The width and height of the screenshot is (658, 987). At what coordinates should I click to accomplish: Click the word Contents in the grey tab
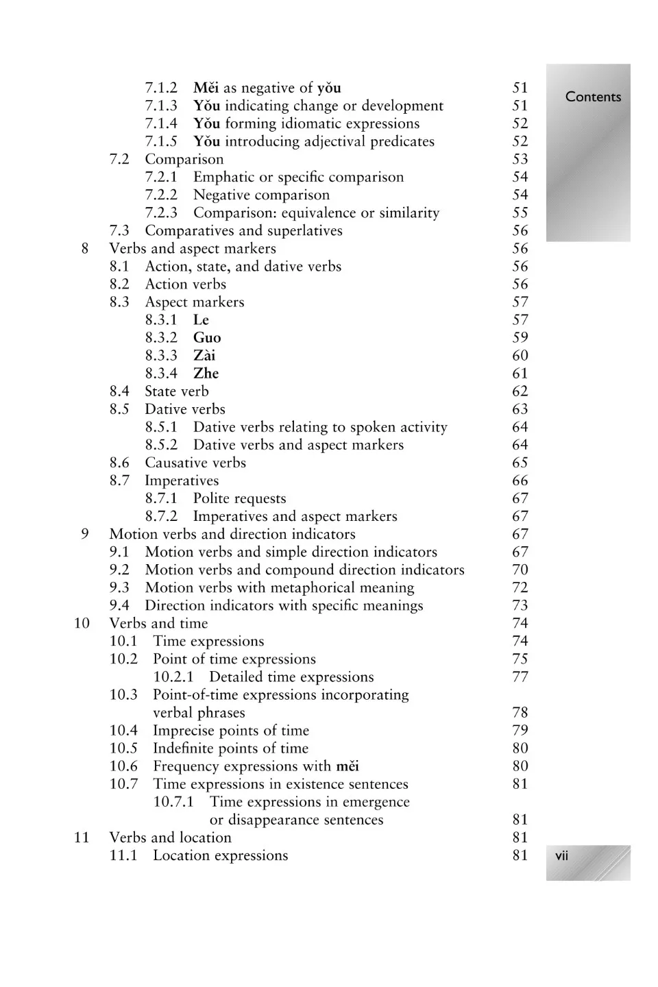pos(593,97)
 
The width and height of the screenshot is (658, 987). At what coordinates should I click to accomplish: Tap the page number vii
pos(561,855)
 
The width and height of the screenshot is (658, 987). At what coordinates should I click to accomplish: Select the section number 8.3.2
pos(161,338)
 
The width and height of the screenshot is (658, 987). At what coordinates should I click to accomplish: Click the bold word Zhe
pos(206,374)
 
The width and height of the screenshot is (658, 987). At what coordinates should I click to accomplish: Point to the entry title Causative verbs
pos(195,463)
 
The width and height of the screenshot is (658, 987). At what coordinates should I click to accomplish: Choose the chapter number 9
pos(84,534)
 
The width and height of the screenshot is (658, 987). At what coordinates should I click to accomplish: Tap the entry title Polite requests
pos(239,498)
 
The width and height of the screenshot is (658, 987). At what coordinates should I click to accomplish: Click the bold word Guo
pos(207,338)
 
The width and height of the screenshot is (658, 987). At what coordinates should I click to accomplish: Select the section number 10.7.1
pos(173,802)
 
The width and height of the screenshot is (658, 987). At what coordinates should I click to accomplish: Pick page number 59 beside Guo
pos(520,338)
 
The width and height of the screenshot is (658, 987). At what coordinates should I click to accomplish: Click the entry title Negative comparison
pos(261,195)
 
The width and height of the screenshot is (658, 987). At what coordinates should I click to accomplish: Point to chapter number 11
pos(82,838)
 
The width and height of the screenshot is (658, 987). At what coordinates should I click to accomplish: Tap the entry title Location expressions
pos(220,855)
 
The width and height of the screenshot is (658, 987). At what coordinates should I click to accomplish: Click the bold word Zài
pos(204,356)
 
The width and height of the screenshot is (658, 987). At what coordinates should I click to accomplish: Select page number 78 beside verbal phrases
pos(520,713)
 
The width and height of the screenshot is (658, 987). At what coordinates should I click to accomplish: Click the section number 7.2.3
pos(161,212)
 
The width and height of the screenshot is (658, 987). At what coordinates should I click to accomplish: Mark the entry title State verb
pos(177,391)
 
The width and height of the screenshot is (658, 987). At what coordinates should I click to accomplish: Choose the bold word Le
pos(201,320)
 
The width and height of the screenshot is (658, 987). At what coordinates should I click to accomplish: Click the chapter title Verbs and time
pos(158,623)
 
